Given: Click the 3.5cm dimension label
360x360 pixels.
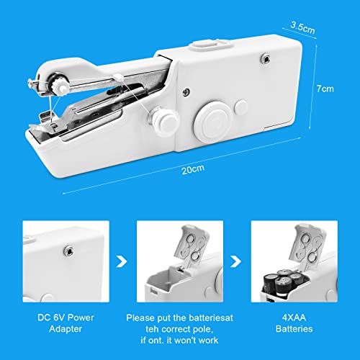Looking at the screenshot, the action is point(302,27).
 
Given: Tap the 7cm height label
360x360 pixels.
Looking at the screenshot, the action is point(325,89).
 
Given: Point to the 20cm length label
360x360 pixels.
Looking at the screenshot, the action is point(193,169).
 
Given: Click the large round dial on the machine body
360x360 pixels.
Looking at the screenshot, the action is point(213,121).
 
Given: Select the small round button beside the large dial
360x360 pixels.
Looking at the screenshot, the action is point(240,107).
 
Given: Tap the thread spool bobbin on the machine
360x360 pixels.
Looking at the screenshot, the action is point(163,120).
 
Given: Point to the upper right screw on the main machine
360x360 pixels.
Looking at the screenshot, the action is point(266,58).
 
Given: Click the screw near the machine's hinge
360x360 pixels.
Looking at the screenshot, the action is point(186,91).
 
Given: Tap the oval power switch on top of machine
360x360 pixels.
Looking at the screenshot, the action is point(210,45).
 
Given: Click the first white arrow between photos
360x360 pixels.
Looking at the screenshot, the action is point(122,261).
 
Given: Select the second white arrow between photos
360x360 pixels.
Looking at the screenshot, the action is point(235,261).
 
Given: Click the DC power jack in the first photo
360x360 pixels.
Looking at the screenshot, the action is point(68,251).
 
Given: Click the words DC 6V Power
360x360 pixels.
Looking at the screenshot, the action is point(66,318).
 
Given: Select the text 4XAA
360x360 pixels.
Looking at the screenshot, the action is point(294,318).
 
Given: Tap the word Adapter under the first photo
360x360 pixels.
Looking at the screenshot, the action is point(66,329).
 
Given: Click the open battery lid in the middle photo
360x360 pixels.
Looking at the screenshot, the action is point(192,245).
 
